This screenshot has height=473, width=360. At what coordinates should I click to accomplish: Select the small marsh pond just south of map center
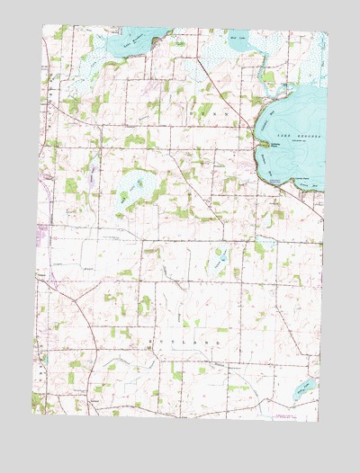(x=219, y=263)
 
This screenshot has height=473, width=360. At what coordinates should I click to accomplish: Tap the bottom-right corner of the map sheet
(x=318, y=423)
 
